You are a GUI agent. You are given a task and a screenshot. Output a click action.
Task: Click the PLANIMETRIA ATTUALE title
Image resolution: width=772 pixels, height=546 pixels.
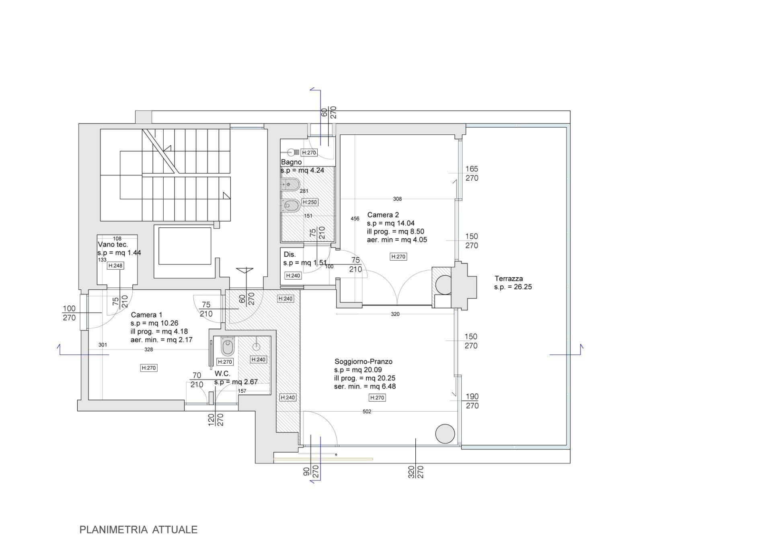[x=138, y=530]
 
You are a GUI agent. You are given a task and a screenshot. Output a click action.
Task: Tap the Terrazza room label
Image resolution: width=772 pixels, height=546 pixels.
[x=509, y=278]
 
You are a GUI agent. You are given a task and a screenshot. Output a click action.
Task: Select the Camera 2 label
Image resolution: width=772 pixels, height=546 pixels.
[x=383, y=215]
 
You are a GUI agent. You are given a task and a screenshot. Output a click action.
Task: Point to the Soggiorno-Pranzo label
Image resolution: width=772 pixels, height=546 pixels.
[x=363, y=361]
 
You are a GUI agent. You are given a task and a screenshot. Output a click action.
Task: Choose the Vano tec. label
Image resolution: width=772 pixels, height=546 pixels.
[x=113, y=245]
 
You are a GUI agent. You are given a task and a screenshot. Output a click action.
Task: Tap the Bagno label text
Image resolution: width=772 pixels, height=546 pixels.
[x=291, y=162]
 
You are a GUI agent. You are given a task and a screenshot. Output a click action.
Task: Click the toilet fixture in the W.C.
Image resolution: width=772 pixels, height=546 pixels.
[x=228, y=346]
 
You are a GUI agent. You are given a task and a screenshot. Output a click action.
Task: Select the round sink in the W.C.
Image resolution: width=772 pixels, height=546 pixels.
[x=256, y=346]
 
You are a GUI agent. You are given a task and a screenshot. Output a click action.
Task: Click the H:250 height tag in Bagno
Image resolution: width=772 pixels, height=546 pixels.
[x=310, y=202]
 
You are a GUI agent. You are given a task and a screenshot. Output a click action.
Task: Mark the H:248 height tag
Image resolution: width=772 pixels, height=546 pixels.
[x=115, y=266]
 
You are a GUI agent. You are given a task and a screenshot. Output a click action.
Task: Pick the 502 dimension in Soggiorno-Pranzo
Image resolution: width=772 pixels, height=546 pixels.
[x=367, y=412]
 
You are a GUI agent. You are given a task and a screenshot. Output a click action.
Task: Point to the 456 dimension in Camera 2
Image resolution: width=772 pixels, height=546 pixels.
[x=355, y=219]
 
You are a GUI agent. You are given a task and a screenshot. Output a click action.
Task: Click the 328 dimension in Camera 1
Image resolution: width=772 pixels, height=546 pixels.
[x=148, y=350]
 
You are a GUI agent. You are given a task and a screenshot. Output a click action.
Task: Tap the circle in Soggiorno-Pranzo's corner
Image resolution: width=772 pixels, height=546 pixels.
[x=445, y=434]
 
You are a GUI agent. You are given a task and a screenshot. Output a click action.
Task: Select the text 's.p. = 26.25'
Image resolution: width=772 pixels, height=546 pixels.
[x=513, y=287]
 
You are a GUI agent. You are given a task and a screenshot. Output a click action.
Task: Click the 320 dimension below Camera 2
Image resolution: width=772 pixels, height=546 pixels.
[x=395, y=314]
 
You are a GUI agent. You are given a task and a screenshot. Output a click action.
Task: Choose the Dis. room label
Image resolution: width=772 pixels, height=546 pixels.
[x=289, y=254]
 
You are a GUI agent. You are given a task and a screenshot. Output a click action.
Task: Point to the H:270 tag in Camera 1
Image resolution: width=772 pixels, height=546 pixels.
[x=149, y=368]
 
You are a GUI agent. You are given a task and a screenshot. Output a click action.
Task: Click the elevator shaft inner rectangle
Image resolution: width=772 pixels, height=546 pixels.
[x=185, y=246]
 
